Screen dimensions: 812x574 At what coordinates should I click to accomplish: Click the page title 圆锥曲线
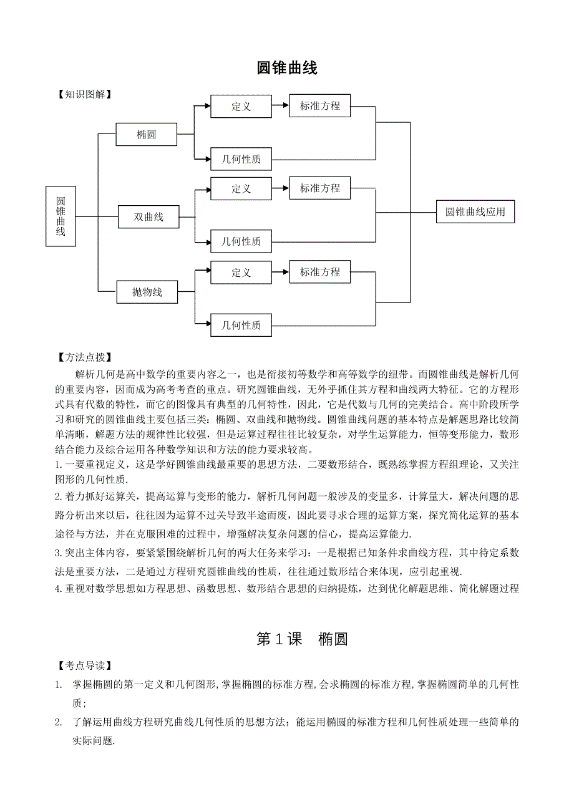[287, 69]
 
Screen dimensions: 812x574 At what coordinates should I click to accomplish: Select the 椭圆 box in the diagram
[146, 134]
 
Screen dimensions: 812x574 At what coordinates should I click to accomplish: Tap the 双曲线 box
[148, 217]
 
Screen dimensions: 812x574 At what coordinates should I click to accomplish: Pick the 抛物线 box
[147, 292]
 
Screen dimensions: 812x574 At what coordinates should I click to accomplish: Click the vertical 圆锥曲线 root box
[61, 216]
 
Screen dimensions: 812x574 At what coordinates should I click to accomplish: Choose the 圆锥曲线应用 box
[475, 212]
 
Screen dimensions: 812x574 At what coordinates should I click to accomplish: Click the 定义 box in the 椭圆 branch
[241, 107]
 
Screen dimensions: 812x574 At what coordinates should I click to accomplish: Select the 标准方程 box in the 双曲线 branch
[320, 188]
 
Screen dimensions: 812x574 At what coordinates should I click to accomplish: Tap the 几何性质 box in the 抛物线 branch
[241, 325]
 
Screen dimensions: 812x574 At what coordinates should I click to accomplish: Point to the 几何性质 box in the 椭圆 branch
[241, 159]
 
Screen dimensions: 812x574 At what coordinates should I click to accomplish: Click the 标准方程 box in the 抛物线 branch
[320, 272]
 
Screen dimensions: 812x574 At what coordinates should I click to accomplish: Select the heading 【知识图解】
[84, 95]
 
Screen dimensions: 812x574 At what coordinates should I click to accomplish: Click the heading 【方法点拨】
[84, 358]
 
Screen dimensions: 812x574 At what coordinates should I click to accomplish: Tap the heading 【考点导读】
[84, 666]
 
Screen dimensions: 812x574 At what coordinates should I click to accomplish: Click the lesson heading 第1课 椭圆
[302, 639]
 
